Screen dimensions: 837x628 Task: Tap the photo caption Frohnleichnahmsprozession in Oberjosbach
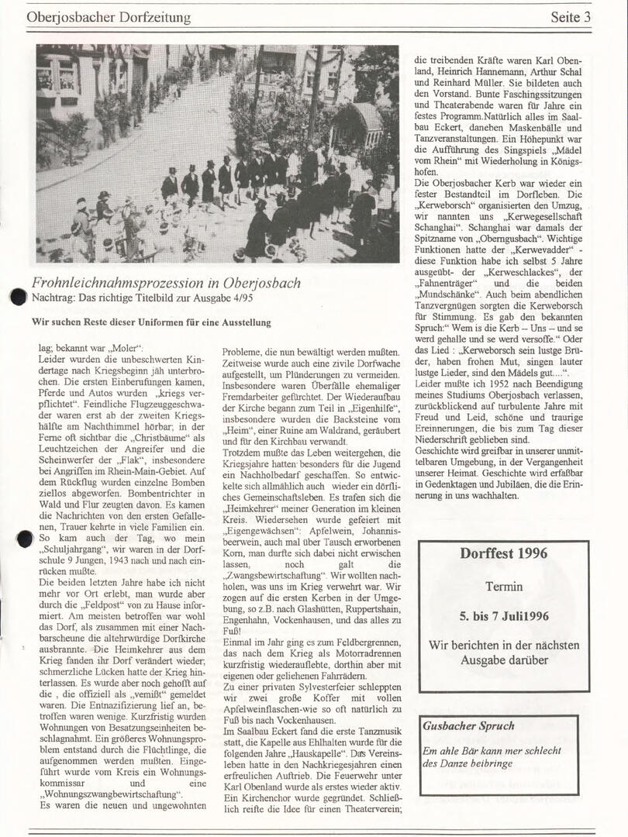tap(166, 283)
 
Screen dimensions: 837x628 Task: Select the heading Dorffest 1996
tap(503, 553)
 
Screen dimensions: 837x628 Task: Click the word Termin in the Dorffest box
tap(503, 587)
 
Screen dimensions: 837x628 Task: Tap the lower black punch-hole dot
tap(24, 538)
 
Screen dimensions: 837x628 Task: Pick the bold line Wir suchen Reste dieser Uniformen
tap(151, 322)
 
